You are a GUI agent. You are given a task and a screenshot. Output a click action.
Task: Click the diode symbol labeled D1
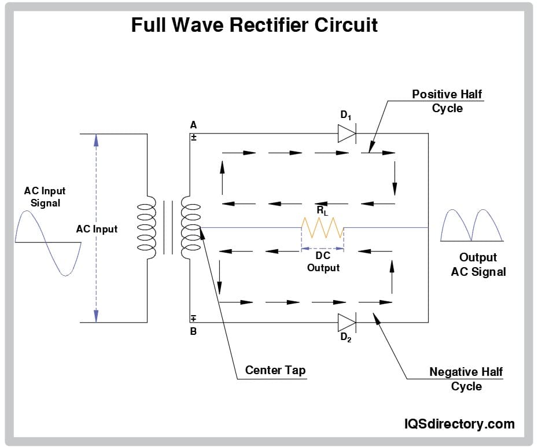[347, 134]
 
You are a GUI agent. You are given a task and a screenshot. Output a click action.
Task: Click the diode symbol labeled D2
[347, 322]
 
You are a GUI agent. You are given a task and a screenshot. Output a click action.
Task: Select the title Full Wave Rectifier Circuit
[255, 25]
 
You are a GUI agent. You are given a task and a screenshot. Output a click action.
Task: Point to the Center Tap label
[275, 370]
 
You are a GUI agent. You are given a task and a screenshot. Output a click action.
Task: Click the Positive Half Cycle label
[447, 101]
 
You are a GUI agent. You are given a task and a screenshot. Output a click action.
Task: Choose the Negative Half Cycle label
[466, 379]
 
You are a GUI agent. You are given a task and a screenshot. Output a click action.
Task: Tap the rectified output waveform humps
[471, 226]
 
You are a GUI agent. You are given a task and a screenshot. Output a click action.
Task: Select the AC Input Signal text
[45, 197]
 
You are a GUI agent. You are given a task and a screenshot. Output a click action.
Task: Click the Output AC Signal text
[478, 264]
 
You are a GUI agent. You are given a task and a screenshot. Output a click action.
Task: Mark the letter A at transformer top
[193, 125]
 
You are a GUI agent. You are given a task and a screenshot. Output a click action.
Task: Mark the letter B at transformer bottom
[193, 332]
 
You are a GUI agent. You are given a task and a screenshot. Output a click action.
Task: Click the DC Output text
[323, 261]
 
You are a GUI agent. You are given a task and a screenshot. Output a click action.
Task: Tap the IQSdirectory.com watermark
[459, 424]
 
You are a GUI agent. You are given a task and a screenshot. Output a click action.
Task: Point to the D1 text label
[346, 115]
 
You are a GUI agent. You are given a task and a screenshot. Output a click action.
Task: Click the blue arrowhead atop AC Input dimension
[96, 140]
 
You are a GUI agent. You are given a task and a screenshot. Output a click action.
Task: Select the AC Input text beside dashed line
[97, 229]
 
